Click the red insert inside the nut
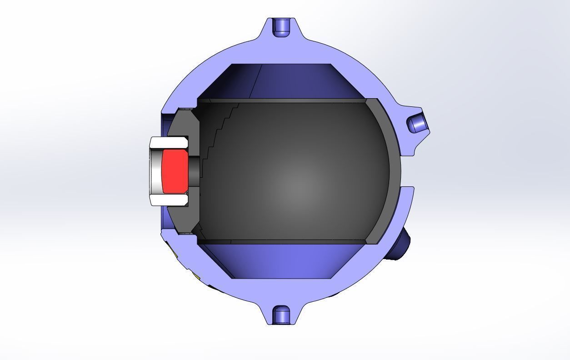click(x=175, y=170)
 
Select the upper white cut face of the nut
click(x=169, y=142)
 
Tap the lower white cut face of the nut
click(x=169, y=200)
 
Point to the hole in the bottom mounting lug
click(x=281, y=315)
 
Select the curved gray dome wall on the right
click(x=393, y=173)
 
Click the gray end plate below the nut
click(x=182, y=218)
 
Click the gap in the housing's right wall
click(x=407, y=171)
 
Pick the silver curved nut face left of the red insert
click(x=155, y=170)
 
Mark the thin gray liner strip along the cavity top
click(x=282, y=100)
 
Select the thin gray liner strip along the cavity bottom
click(x=282, y=242)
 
